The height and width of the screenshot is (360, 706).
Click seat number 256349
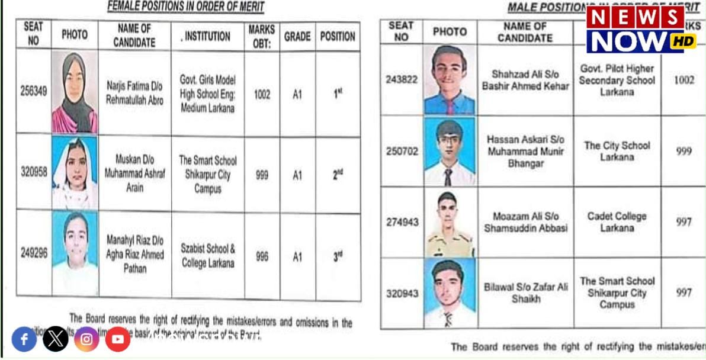pos(33,92)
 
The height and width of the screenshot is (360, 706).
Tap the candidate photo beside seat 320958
pos(75,173)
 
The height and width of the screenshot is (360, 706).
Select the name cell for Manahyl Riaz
pos(134,254)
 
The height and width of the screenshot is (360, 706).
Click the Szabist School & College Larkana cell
pos(207,256)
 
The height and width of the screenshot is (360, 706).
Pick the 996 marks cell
pos(262,256)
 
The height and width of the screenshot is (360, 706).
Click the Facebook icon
pos(24,339)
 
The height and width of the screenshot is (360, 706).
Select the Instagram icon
pos(86,339)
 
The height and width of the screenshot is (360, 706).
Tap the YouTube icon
pos(118,339)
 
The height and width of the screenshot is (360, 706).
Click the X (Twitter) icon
pos(56,339)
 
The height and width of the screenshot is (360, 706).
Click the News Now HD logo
pos(641,30)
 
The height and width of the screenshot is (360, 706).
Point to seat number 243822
pos(402,80)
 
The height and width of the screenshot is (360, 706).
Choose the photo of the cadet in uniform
pos(450,223)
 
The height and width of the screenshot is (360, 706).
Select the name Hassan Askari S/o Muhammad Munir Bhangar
pos(525,151)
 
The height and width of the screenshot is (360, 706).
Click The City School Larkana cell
pos(617,151)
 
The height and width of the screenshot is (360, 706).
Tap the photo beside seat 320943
pos(450,292)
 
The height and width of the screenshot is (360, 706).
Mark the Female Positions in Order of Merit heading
pos(185,7)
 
